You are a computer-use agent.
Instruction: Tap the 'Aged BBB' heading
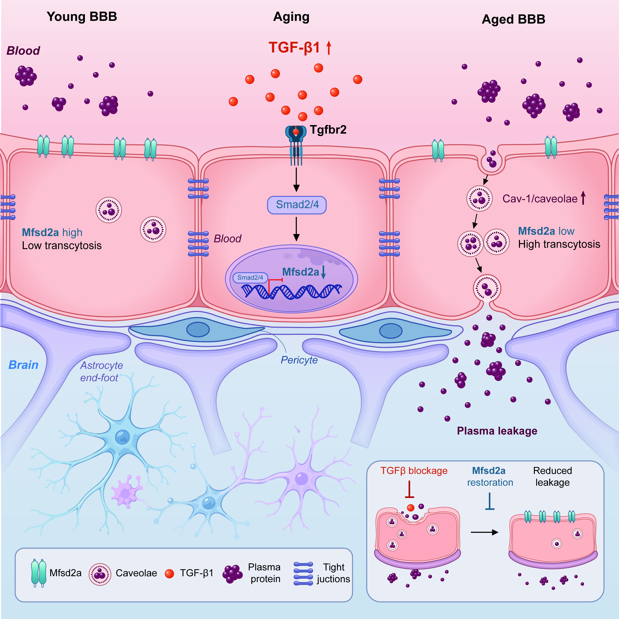click(514, 19)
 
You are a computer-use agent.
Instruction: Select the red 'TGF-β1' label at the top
click(294, 47)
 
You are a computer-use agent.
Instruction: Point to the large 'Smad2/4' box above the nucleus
click(297, 205)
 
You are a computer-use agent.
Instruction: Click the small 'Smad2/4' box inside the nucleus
click(250, 278)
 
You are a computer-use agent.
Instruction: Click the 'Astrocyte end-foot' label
click(101, 371)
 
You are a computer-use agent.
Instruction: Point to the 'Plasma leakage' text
click(497, 431)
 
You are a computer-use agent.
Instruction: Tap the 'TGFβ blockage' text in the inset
click(414, 471)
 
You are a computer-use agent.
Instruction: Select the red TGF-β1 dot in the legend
click(169, 573)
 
